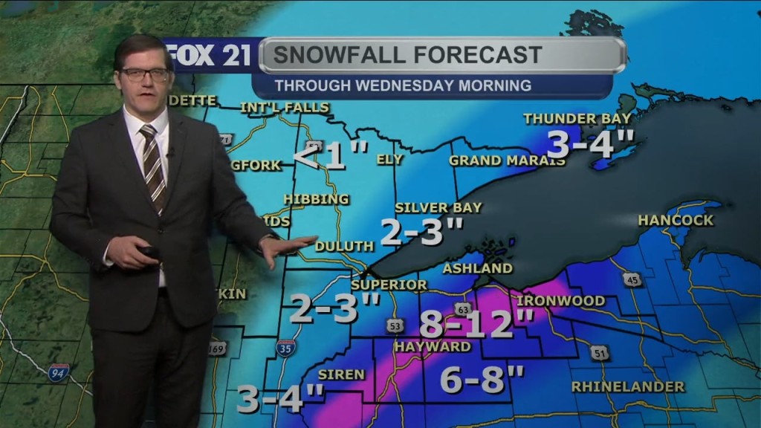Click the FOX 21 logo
pos(212,56)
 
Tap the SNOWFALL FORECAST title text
pos(407,55)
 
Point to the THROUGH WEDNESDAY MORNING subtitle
pos(403,85)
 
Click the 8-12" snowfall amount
pos(476,325)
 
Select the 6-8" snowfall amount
pos(482,380)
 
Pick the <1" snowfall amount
pos(331,157)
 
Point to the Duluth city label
pos(344,246)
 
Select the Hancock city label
pos(676,220)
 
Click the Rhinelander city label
pos(628,386)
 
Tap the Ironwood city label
pos(560,301)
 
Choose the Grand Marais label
pos(502,160)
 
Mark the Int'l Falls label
pos(284,108)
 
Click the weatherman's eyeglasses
pos(145,74)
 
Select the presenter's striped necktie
pos(153,167)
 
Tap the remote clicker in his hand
pos(149,251)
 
